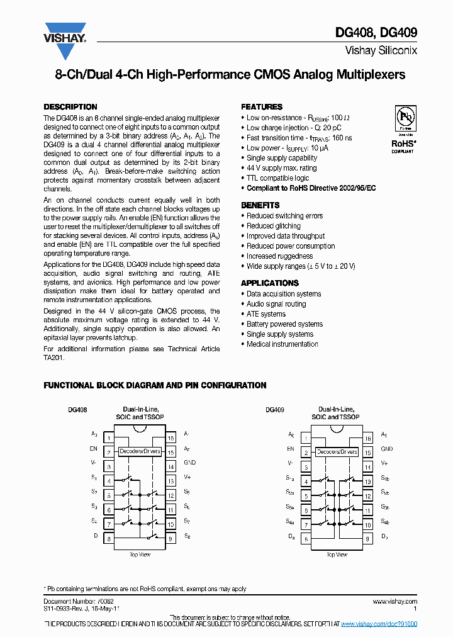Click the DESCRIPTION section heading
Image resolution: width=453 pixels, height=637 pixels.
pyautogui.click(x=70, y=107)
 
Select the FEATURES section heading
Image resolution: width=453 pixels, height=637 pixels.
pyautogui.click(x=262, y=107)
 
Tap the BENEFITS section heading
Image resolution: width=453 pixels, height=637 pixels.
pyautogui.click(x=260, y=205)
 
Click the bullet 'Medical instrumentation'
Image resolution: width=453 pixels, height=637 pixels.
pyautogui.click(x=282, y=344)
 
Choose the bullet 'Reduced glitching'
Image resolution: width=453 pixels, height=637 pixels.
pyautogui.click(x=273, y=226)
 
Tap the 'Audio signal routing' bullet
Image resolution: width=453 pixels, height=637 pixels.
pyautogui.click(x=276, y=304)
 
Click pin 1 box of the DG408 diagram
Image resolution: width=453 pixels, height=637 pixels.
pyautogui.click(x=109, y=437)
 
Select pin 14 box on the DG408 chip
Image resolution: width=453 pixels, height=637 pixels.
pyautogui.click(x=170, y=466)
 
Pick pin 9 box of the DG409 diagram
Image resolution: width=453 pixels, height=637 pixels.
pyautogui.click(x=367, y=538)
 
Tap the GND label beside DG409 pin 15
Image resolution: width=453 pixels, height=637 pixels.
pyautogui.click(x=387, y=449)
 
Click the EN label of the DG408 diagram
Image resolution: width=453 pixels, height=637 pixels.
pyautogui.click(x=93, y=449)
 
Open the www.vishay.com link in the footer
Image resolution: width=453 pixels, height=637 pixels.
pyautogui.click(x=396, y=602)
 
